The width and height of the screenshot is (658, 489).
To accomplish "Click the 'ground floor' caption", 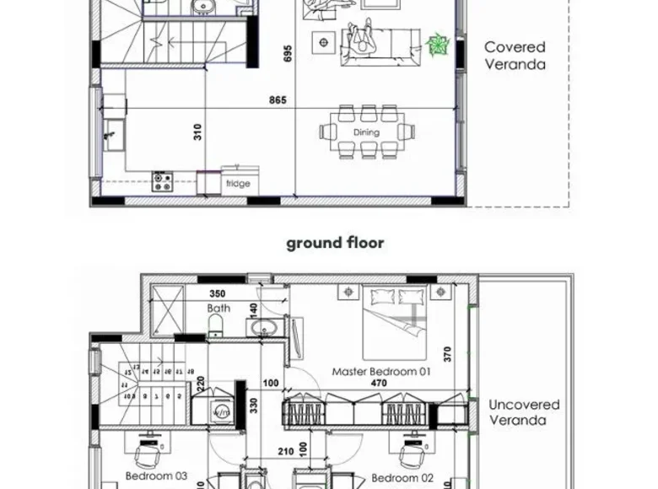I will point(335,243).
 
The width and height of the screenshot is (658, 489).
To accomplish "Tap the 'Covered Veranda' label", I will point(515,55).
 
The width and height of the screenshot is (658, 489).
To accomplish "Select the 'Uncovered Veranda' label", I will point(524,412).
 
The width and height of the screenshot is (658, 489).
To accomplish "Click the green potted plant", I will point(438,44).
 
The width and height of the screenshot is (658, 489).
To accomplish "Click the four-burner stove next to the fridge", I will point(162,180).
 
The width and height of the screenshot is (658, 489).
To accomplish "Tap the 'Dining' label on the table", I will point(366,132).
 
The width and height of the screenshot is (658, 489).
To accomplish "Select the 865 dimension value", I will point(278,100).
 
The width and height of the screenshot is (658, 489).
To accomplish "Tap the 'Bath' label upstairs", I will point(218,309).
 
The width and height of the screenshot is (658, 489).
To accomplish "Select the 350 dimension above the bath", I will point(218,294).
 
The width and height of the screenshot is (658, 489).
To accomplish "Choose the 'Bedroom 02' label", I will point(402,477).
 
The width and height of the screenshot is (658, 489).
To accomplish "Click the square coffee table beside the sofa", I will point(322,41).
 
